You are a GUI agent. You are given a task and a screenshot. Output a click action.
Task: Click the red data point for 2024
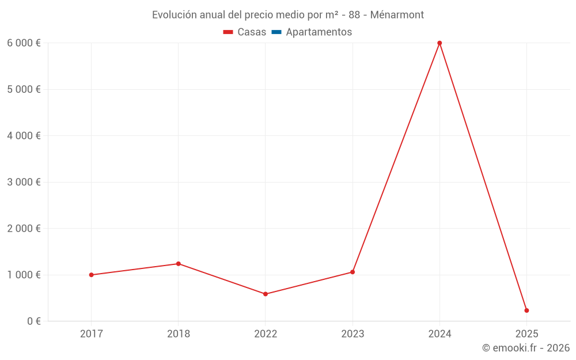(439, 43)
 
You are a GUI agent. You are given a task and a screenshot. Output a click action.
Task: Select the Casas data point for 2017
(91, 275)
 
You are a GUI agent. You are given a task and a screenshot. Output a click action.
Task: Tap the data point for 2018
(178, 264)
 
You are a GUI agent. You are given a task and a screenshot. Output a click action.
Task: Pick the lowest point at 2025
(526, 310)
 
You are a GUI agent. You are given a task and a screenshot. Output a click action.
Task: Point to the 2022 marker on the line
(266, 294)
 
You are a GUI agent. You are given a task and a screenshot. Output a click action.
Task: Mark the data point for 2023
(353, 272)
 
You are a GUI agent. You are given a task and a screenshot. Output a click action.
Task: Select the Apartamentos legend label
(319, 32)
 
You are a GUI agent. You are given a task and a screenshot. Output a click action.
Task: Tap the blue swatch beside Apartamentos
(276, 32)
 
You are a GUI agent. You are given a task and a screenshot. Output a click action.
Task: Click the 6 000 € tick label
(24, 43)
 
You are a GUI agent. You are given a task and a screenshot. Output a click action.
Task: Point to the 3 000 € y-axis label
(24, 182)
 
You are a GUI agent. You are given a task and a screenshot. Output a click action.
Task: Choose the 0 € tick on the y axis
(33, 321)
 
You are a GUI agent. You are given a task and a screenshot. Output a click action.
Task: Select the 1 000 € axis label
(24, 275)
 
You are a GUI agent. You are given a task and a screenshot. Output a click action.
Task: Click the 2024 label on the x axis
(439, 334)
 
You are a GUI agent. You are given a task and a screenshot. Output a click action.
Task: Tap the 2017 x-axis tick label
(91, 334)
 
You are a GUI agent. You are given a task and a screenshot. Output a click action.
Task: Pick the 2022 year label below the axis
(266, 334)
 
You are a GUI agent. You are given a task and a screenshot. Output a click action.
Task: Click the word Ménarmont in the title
(397, 15)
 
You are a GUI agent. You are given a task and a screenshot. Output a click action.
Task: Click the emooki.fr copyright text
(526, 348)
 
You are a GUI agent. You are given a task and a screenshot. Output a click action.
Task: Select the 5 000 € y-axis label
(24, 89)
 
